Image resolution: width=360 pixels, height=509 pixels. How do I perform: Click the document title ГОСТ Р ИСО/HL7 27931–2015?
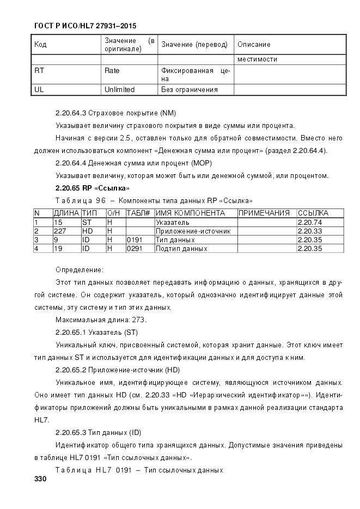86,26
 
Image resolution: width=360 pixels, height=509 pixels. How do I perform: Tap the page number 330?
40,480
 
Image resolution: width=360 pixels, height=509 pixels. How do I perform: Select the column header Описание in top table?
254,45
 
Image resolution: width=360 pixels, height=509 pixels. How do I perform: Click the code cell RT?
39,71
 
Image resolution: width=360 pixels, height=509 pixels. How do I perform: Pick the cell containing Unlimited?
119,89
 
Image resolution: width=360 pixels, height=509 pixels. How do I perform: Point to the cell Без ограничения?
189,89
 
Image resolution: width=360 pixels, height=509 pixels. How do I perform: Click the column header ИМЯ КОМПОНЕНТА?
190,213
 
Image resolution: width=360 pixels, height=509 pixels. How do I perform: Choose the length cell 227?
60,231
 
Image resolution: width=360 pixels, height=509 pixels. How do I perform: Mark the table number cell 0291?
133,248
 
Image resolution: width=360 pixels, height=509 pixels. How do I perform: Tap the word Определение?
80,269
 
